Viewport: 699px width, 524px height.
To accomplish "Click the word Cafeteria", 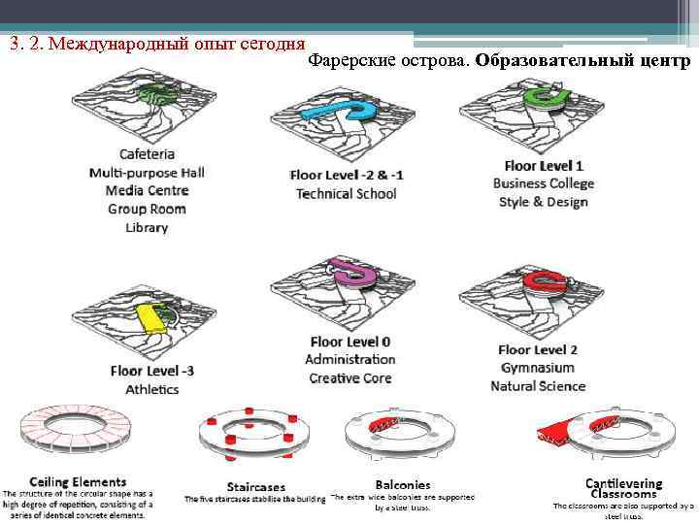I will tap(147, 153).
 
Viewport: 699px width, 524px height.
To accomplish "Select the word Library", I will tap(147, 227).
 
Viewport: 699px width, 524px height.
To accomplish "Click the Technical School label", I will tap(346, 193).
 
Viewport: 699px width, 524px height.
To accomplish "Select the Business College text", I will tap(543, 183).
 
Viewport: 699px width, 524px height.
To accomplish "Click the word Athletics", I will tap(151, 389).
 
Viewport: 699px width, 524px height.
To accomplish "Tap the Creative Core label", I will tap(349, 377).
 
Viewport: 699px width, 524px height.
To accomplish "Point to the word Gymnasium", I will tap(538, 368).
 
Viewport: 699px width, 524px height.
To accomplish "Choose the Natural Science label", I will tap(538, 386).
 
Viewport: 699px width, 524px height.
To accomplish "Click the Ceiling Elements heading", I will tap(78, 481).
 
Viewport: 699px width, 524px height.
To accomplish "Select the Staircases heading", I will tap(253, 486).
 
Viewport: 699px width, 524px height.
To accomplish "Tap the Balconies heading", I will tap(403, 484).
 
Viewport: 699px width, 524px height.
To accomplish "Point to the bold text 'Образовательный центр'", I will tap(583, 60).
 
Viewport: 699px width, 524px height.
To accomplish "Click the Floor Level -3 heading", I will tap(151, 371).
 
